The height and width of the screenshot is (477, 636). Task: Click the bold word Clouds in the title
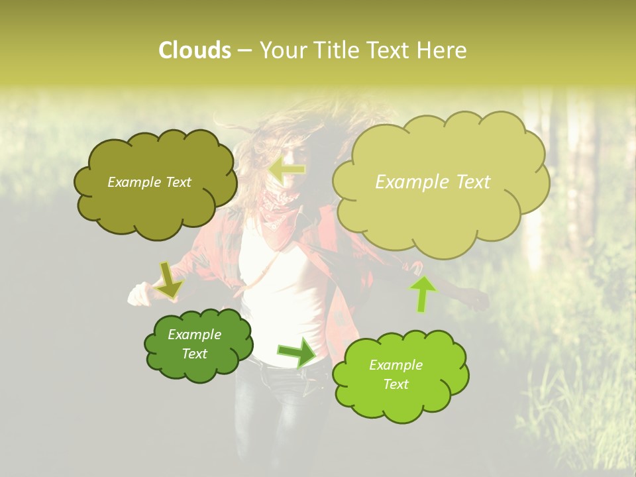(x=194, y=50)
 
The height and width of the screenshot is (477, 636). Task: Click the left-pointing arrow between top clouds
(x=287, y=170)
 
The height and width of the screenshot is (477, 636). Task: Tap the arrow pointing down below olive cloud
(x=169, y=280)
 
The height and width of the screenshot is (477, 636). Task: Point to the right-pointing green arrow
(x=297, y=352)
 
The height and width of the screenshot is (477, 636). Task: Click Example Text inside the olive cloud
(x=149, y=182)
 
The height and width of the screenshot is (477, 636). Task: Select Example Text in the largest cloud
(x=433, y=182)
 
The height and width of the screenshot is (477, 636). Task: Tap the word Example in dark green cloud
(x=194, y=335)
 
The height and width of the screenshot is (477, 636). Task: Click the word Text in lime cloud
(x=396, y=384)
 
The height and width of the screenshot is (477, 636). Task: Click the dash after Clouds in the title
(x=244, y=51)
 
